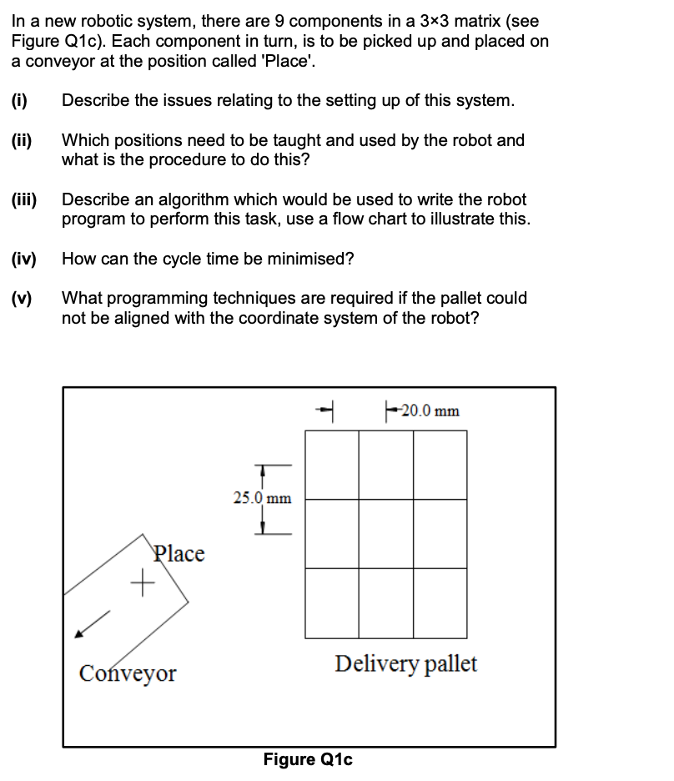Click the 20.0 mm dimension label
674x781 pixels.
point(429,411)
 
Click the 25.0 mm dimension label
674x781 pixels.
point(262,498)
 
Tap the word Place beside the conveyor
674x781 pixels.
point(179,553)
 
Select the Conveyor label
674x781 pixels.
point(127,673)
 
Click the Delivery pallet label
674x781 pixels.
point(405,664)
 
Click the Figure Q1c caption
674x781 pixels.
point(308,759)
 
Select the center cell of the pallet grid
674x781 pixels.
point(386,534)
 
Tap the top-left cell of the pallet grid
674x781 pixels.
point(332,465)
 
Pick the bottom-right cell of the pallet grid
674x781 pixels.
point(440,602)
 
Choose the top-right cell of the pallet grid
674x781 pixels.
point(440,465)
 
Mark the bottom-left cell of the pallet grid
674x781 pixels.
point(332,602)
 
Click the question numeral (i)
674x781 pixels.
point(21,101)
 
